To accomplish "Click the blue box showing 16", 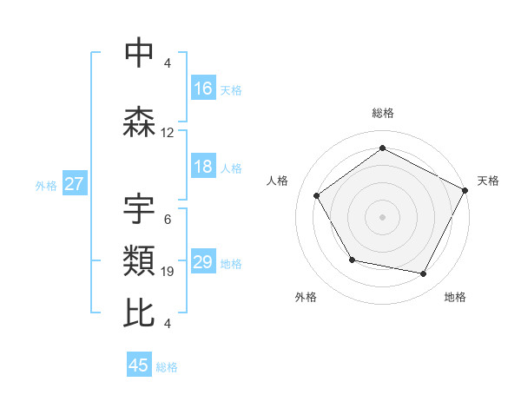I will [203, 89].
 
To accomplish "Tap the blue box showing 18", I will [203, 168].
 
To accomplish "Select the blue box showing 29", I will [203, 263].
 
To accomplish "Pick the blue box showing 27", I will [74, 184].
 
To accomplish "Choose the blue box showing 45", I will [139, 365].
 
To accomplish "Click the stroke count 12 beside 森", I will [168, 133].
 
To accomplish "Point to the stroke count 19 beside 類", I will [168, 272].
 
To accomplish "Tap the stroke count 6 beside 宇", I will [168, 219].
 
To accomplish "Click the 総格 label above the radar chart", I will [383, 113].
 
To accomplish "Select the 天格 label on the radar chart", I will [488, 181].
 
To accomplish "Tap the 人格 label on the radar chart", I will [278, 181].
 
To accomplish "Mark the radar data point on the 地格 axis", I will [424, 274].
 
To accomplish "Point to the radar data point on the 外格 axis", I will [352, 260].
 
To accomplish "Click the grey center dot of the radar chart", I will [383, 216].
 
